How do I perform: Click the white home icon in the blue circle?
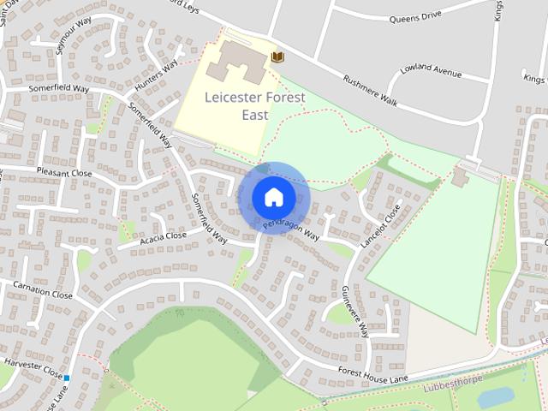pyautogui.click(x=273, y=197)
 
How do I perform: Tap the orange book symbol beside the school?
pyautogui.click(x=277, y=57)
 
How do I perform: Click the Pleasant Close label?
pyautogui.click(x=64, y=172)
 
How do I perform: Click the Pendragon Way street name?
pyautogui.click(x=290, y=227)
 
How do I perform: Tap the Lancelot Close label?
pyautogui.click(x=380, y=226)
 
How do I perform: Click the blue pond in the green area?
pyautogui.click(x=495, y=397)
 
